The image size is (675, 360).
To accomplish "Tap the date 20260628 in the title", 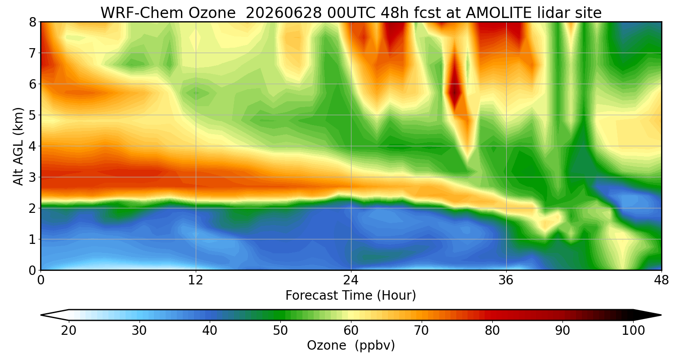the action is click(x=283, y=13).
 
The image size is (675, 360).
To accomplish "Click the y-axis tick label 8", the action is click(x=32, y=22).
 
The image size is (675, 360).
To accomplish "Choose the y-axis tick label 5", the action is click(x=32, y=115).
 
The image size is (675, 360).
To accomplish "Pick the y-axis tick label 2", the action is click(x=32, y=208).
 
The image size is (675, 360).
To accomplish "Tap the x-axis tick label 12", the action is click(x=196, y=280).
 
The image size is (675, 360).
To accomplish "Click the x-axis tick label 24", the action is click(x=351, y=280).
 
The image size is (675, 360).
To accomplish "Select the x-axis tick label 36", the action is click(x=506, y=280).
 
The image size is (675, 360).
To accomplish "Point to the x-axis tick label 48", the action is click(x=661, y=280).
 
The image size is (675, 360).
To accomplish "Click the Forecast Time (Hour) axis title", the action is click(x=351, y=296).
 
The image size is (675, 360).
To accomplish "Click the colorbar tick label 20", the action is click(x=69, y=331).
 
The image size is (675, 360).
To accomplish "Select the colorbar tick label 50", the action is click(x=280, y=331).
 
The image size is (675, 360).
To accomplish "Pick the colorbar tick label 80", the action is click(x=492, y=331).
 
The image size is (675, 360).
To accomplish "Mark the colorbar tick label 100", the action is click(x=634, y=331).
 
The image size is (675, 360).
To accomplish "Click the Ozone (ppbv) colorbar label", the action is click(x=351, y=346).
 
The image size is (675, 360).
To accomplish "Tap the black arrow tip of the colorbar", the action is click(x=661, y=315).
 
